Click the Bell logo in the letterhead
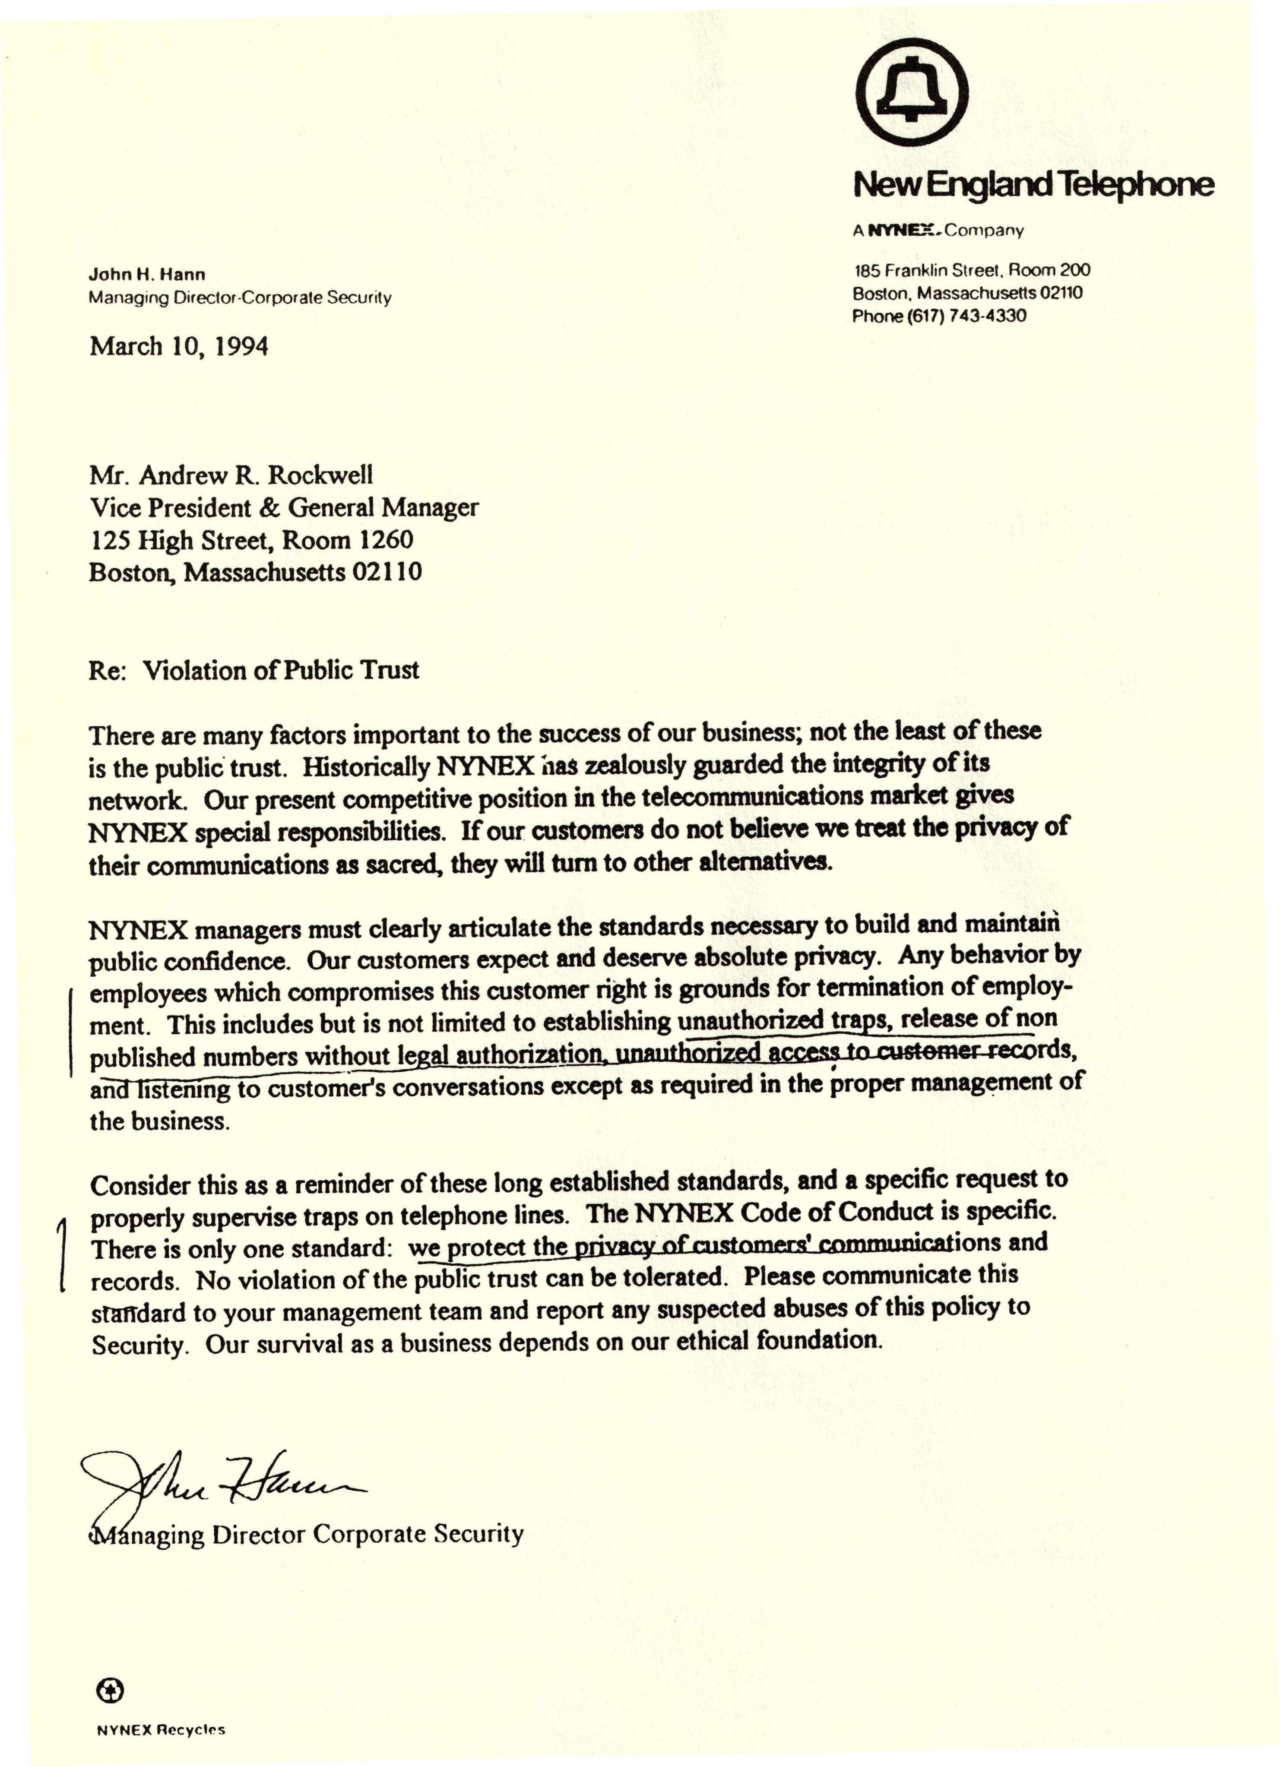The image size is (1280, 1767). (x=912, y=91)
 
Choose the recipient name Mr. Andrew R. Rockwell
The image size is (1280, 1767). (x=231, y=475)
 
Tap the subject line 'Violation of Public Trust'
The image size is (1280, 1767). (x=280, y=670)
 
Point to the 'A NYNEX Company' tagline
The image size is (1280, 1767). (x=937, y=231)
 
